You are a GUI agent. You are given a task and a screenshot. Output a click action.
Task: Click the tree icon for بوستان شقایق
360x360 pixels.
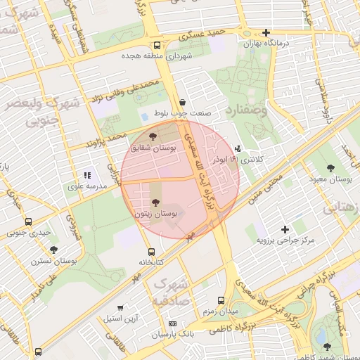click(x=153, y=136)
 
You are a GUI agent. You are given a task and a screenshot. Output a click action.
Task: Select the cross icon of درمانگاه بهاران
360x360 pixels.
click(x=266, y=32)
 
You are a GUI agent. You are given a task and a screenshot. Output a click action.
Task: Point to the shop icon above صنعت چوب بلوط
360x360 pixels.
click(x=183, y=102)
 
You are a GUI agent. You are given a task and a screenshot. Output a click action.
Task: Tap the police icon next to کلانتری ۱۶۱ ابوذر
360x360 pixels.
click(x=238, y=148)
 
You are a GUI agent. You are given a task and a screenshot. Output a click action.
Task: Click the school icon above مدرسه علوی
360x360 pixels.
click(x=87, y=175)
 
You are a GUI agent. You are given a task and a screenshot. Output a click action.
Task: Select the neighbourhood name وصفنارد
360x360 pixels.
click(x=247, y=110)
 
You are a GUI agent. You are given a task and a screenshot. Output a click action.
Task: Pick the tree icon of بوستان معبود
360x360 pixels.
click(x=330, y=168)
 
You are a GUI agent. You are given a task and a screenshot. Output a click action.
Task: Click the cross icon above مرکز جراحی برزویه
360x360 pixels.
click(x=285, y=229)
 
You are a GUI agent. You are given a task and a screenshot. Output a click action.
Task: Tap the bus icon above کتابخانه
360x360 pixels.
click(x=150, y=251)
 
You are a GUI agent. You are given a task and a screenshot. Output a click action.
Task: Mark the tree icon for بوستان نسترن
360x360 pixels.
click(x=53, y=250)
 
